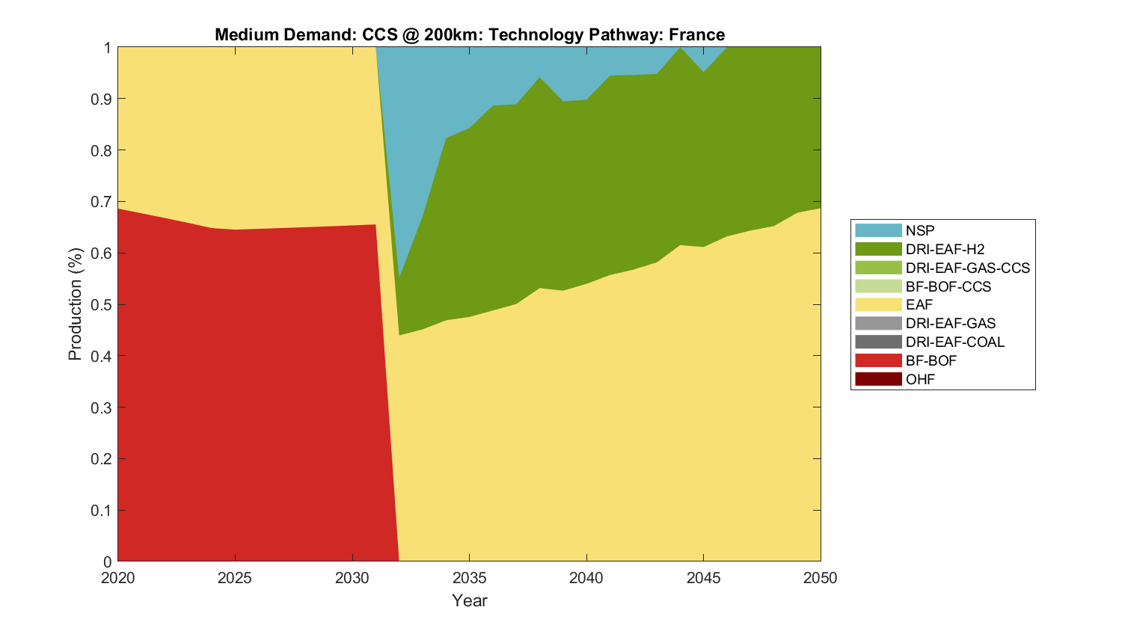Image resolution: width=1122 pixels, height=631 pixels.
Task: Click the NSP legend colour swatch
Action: (x=878, y=230)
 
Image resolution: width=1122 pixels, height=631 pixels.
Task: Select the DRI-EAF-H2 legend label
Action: (x=945, y=249)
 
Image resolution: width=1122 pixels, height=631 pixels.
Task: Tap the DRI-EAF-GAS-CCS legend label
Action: (x=967, y=268)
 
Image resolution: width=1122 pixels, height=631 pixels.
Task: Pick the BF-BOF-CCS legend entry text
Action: (x=948, y=286)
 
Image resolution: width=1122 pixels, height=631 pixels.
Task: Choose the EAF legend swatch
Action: (x=878, y=304)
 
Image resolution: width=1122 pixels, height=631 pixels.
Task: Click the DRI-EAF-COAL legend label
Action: (x=954, y=342)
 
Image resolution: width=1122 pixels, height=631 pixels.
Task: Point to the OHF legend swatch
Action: (x=878, y=379)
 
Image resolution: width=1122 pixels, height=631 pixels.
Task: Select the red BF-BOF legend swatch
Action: (x=878, y=360)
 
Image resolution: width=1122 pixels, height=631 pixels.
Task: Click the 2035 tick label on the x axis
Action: (x=469, y=578)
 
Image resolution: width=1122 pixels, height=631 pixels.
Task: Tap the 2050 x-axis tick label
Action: (x=821, y=578)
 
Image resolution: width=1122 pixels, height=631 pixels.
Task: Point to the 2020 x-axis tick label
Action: (x=118, y=578)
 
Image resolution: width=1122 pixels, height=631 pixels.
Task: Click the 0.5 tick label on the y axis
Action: (x=102, y=305)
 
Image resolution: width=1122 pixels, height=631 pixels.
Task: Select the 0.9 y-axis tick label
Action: (x=102, y=99)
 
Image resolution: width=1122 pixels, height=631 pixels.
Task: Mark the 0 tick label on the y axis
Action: (x=108, y=562)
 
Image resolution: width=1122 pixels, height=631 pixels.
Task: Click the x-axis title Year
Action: (x=469, y=600)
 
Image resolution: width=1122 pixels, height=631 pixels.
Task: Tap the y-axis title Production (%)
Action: (x=75, y=304)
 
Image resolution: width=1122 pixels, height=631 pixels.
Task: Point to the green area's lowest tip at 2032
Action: (x=399, y=329)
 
